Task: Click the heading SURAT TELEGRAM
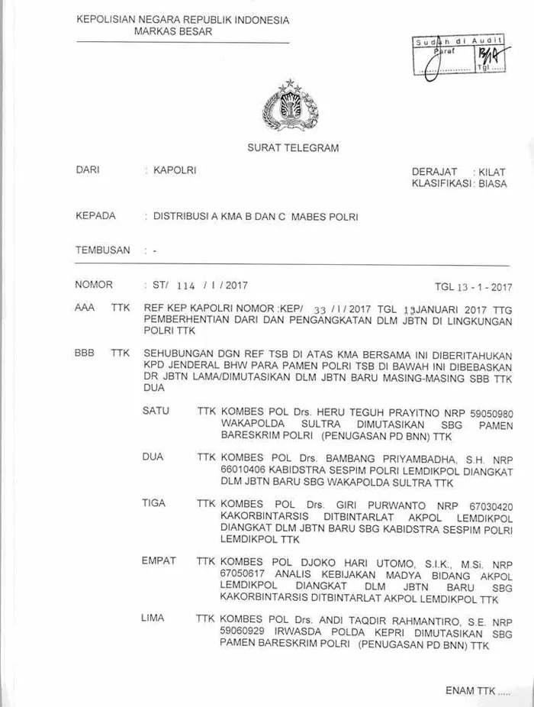coord(293,148)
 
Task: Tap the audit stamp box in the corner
coord(458,55)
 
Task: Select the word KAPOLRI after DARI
coord(175,170)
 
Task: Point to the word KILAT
coord(492,173)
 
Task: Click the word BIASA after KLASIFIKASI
coord(493,184)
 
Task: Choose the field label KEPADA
coord(95,216)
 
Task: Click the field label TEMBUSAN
coord(102,250)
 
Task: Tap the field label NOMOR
coord(94,285)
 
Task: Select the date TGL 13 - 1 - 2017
coord(473,288)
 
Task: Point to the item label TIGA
coord(154,503)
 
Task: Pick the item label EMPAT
coord(159,560)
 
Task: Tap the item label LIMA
coord(153,618)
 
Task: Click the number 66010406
coord(241,471)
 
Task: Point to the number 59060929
coord(241,632)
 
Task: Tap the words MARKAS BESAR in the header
coord(173,32)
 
